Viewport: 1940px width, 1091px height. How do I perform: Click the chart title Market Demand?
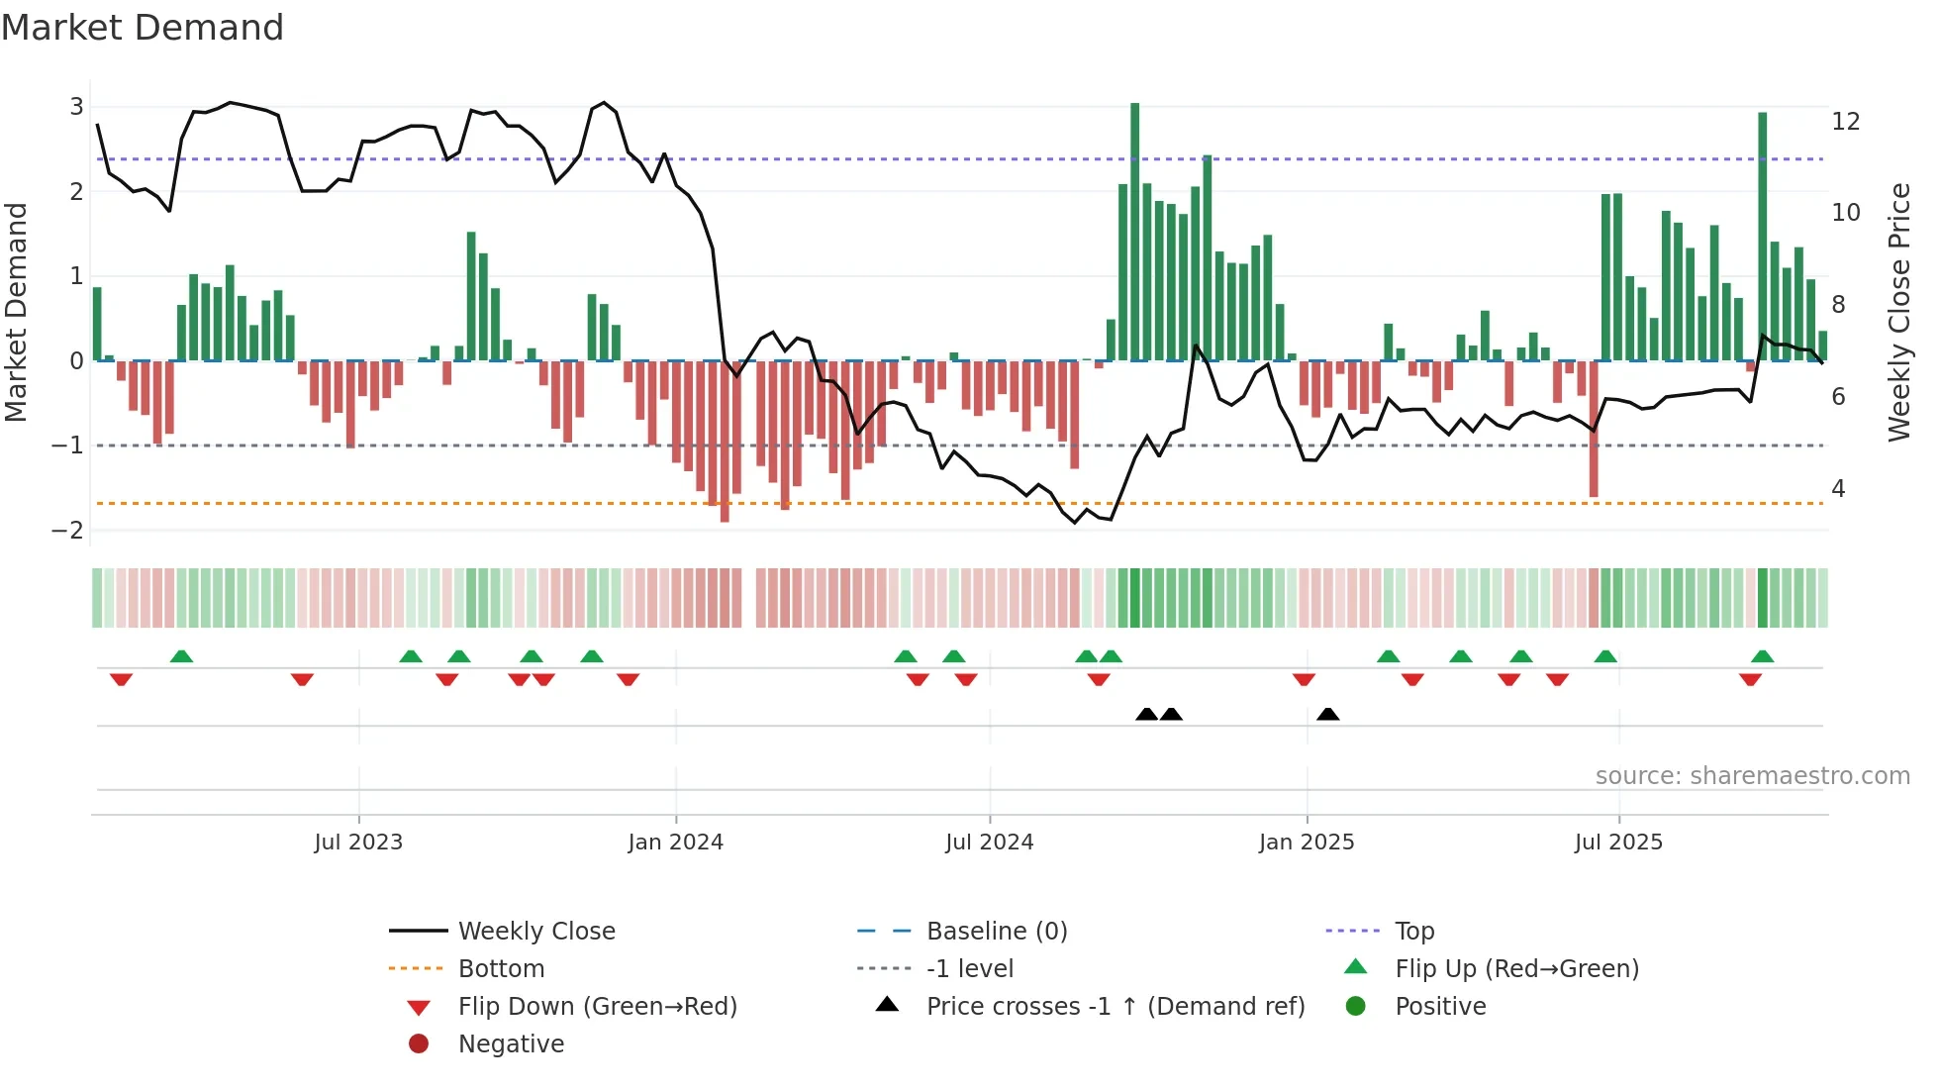click(143, 28)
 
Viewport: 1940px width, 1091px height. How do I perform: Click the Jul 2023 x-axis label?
click(358, 843)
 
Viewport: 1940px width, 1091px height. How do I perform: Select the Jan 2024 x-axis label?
click(675, 843)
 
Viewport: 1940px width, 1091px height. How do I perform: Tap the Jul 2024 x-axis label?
click(989, 843)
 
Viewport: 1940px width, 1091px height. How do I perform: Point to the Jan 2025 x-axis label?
click(1307, 843)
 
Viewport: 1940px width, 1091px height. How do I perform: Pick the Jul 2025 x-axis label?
click(1618, 843)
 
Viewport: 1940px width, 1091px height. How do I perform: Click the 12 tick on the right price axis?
click(1846, 122)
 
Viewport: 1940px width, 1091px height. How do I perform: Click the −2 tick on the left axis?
click(67, 530)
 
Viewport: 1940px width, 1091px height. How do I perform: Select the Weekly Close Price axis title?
click(1898, 312)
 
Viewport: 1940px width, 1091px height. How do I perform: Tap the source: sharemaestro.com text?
click(1752, 776)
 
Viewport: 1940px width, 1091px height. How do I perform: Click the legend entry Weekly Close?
click(535, 932)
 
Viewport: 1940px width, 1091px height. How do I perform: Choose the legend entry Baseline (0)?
click(996, 932)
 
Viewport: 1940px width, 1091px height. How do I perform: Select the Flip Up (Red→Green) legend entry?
click(1516, 969)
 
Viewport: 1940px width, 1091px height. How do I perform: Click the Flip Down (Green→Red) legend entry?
click(597, 1007)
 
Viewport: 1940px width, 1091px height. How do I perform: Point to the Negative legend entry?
click(511, 1044)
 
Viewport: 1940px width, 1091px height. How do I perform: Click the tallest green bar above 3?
click(1135, 228)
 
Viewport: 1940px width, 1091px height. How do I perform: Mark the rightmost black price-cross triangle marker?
click(1328, 714)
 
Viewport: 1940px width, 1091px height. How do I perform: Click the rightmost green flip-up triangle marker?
click(1762, 656)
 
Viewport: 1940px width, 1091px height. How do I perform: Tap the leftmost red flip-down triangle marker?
click(121, 679)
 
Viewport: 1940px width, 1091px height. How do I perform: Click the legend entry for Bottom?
click(501, 969)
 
